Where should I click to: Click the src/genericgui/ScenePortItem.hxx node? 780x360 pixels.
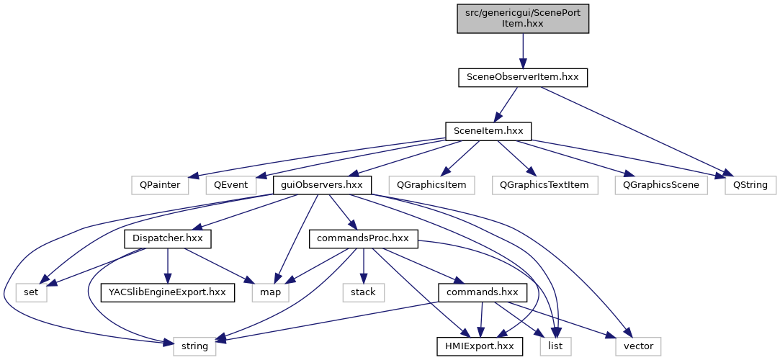(523, 18)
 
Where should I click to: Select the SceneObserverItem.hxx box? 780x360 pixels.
(523, 78)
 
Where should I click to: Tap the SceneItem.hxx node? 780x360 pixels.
(488, 131)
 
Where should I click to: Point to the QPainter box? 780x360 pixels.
(161, 185)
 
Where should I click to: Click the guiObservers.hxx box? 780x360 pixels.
(322, 185)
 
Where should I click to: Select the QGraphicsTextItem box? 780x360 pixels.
(544, 185)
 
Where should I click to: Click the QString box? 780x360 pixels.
(750, 185)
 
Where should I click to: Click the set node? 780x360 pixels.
(31, 293)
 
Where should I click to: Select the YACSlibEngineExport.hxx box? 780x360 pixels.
(167, 293)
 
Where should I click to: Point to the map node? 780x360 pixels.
(270, 293)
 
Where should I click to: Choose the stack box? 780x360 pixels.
(363, 293)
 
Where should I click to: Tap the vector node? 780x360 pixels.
(638, 346)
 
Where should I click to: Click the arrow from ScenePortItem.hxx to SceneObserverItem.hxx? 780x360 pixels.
(523, 50)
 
